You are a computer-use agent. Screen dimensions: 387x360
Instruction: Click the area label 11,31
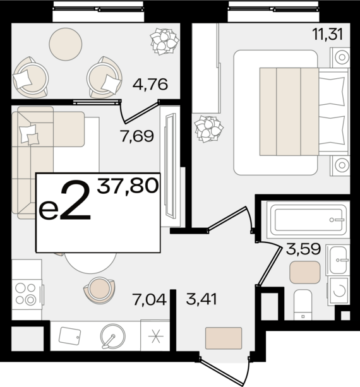327,34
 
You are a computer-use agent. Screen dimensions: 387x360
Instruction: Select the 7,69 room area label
137,135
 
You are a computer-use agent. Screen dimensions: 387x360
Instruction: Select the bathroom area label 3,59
304,249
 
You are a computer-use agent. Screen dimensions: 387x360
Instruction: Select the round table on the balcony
66,42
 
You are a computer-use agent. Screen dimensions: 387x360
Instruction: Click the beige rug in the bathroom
304,272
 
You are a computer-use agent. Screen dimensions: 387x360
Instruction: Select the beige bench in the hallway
224,336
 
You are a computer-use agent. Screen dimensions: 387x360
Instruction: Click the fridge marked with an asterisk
155,336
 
